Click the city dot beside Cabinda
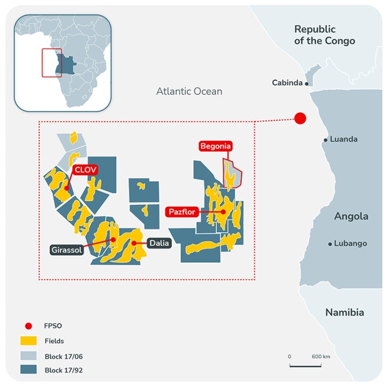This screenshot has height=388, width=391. click(x=306, y=84)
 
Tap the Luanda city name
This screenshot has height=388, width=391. click(x=343, y=139)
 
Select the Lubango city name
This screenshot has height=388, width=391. click(x=350, y=244)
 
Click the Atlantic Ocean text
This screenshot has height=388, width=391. click(x=189, y=91)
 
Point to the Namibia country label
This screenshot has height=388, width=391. click(x=344, y=313)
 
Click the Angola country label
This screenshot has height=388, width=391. click(x=351, y=216)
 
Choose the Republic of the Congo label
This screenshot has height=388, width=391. click(x=324, y=35)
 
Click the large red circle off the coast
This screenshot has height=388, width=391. click(x=300, y=118)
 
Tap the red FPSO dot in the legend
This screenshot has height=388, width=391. click(x=29, y=326)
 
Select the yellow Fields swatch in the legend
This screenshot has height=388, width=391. click(x=29, y=341)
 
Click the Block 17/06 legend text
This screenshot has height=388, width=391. click(x=64, y=356)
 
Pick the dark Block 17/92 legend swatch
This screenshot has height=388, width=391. click(x=29, y=370)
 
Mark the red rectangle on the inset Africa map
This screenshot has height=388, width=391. click(x=52, y=63)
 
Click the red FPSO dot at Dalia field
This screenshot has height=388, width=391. click(x=134, y=243)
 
